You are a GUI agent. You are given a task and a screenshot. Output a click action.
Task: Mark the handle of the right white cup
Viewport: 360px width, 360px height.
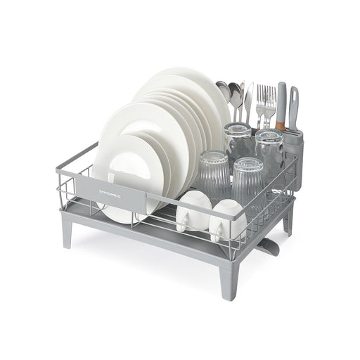click(x=217, y=230)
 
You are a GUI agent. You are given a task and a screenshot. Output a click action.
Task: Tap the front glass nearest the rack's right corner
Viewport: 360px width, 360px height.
click(x=249, y=181)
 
